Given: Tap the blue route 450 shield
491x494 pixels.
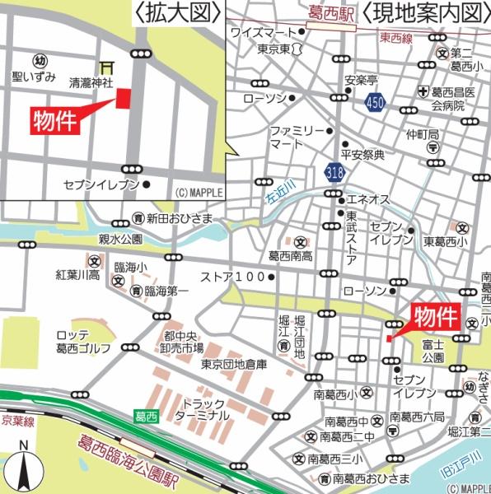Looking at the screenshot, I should point(376,101).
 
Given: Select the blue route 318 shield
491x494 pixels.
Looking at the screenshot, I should point(334,173).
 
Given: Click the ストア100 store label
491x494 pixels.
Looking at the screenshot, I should point(234,277).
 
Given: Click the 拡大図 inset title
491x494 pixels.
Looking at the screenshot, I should point(180,12).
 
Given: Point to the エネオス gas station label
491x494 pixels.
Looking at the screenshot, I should point(367,199).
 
